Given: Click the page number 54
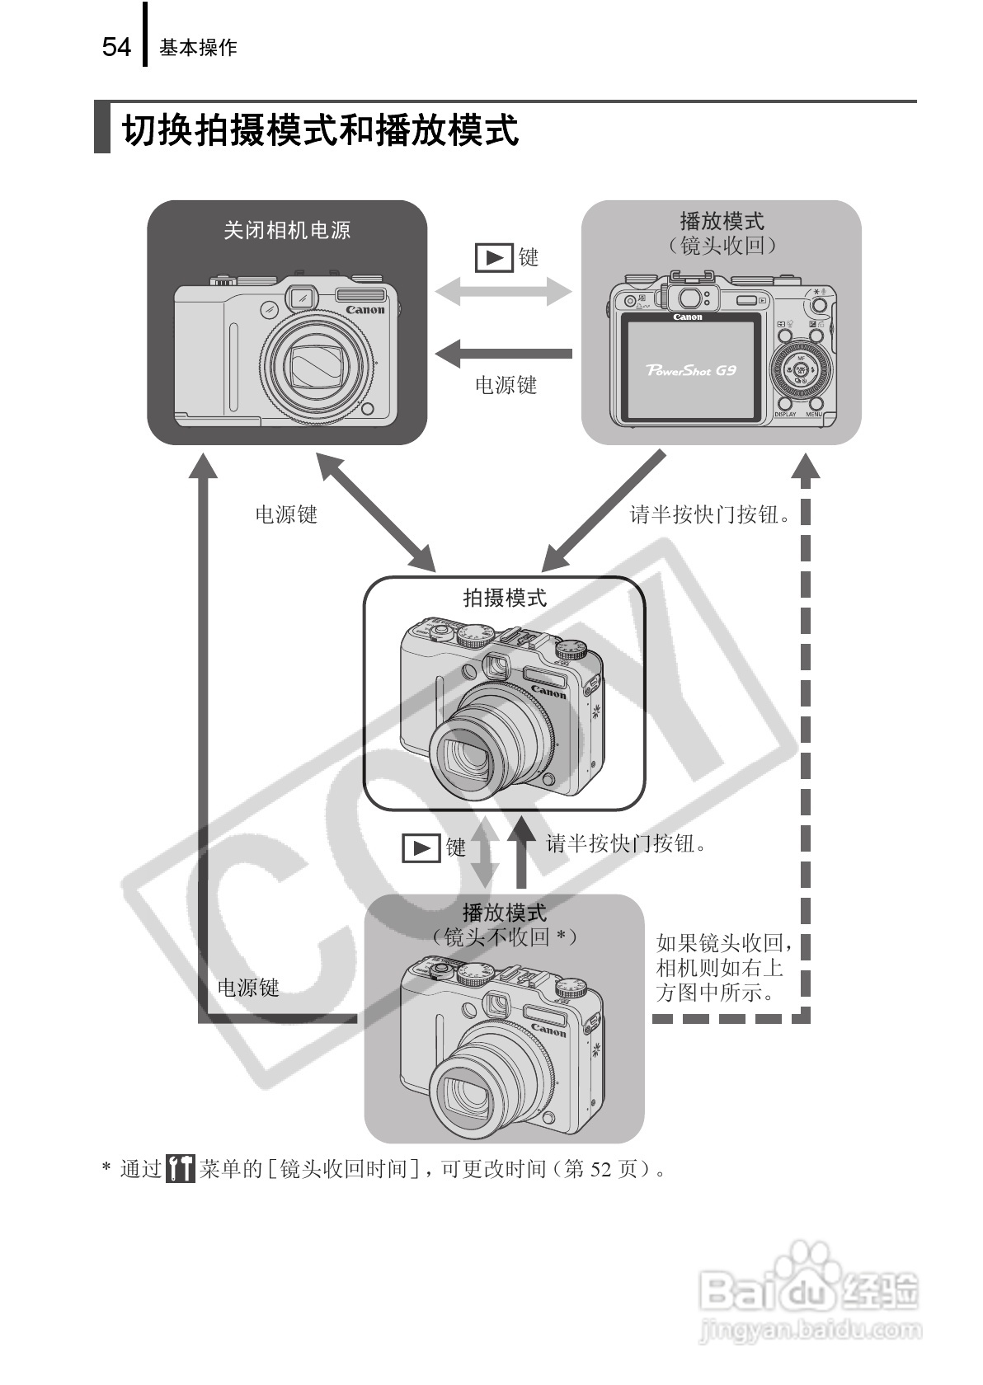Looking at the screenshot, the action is point(116,47).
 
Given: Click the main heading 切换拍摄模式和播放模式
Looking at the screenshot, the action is point(320,130).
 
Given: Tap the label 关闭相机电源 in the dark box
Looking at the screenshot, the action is point(287,230).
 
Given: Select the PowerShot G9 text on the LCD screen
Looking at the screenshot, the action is point(691,370).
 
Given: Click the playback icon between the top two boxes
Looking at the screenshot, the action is point(494,258).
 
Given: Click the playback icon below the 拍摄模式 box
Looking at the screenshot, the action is point(421,847).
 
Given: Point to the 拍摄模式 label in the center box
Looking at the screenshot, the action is point(505,598).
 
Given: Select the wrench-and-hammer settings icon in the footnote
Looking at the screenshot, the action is point(180,1168).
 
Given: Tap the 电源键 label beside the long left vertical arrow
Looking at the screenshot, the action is point(247,988).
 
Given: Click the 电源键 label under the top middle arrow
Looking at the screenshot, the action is point(506,385).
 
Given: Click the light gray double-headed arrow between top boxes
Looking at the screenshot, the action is point(503,290).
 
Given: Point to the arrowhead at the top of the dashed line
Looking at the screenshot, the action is point(806,467).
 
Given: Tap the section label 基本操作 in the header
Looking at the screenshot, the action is point(198,48).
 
